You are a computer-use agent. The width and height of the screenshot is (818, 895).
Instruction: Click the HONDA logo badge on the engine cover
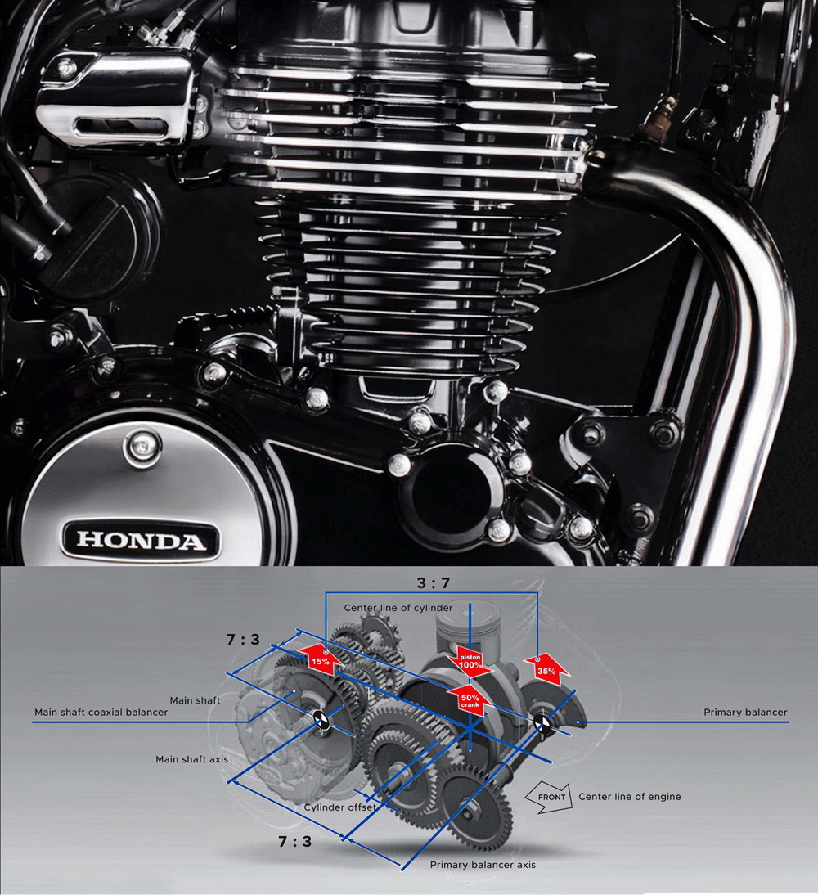click(141, 539)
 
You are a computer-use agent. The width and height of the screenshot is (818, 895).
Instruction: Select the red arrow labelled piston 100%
click(470, 662)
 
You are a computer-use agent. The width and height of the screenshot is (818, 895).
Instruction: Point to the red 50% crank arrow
click(470, 699)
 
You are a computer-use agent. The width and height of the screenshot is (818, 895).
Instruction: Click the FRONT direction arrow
click(549, 797)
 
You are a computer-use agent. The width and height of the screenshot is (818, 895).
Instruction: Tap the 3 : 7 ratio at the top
click(434, 582)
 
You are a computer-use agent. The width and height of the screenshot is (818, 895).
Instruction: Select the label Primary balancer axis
click(483, 865)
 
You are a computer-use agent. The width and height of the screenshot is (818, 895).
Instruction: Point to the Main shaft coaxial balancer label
click(101, 713)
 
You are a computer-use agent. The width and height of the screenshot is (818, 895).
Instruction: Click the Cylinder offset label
click(339, 807)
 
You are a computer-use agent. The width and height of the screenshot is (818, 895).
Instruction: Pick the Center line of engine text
click(630, 797)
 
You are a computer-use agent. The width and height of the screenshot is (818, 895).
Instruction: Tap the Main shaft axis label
click(191, 759)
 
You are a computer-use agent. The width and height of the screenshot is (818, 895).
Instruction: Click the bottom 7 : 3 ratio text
click(295, 841)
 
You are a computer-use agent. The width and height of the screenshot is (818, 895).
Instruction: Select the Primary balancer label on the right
click(745, 713)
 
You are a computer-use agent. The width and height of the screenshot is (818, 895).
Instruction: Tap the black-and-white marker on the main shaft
click(321, 720)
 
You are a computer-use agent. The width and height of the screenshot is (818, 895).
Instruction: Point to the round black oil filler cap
click(92, 227)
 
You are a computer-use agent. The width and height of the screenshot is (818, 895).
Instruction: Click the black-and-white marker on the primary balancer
click(541, 722)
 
